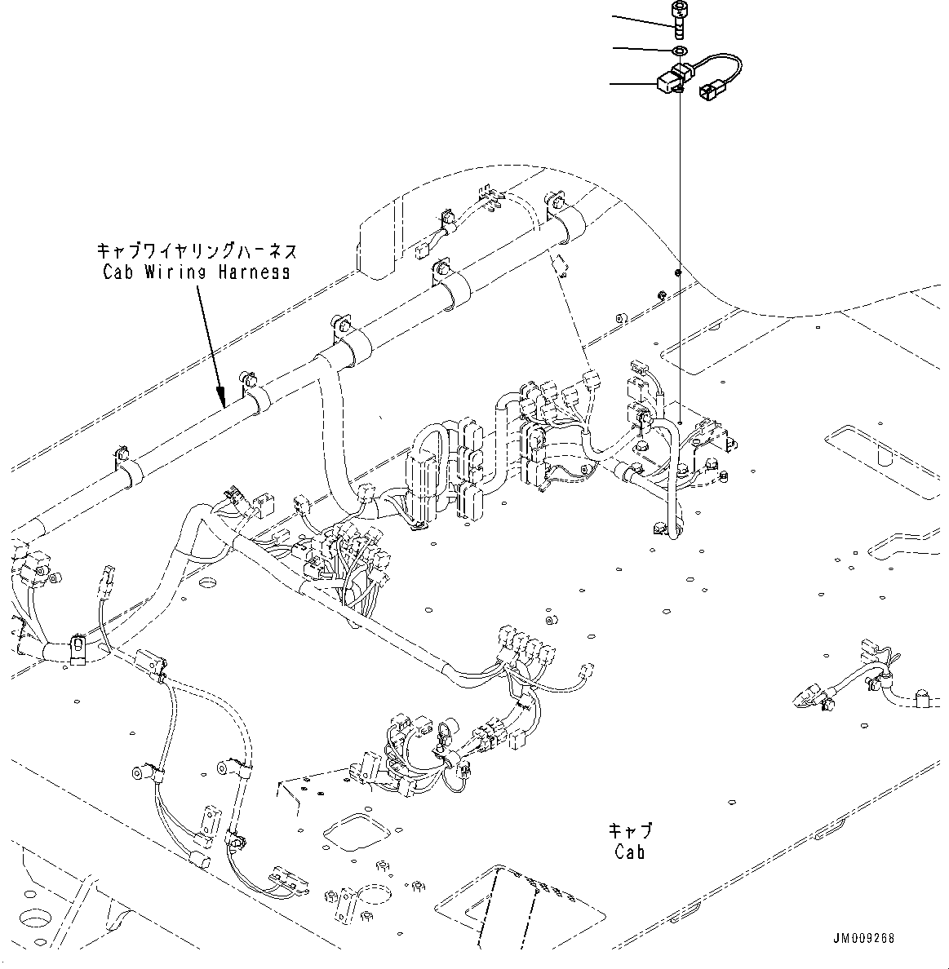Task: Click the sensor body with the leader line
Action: click(x=667, y=82)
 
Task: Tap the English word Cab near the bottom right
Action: click(x=630, y=853)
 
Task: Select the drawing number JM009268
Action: click(x=864, y=939)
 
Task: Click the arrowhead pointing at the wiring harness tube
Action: click(x=223, y=400)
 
